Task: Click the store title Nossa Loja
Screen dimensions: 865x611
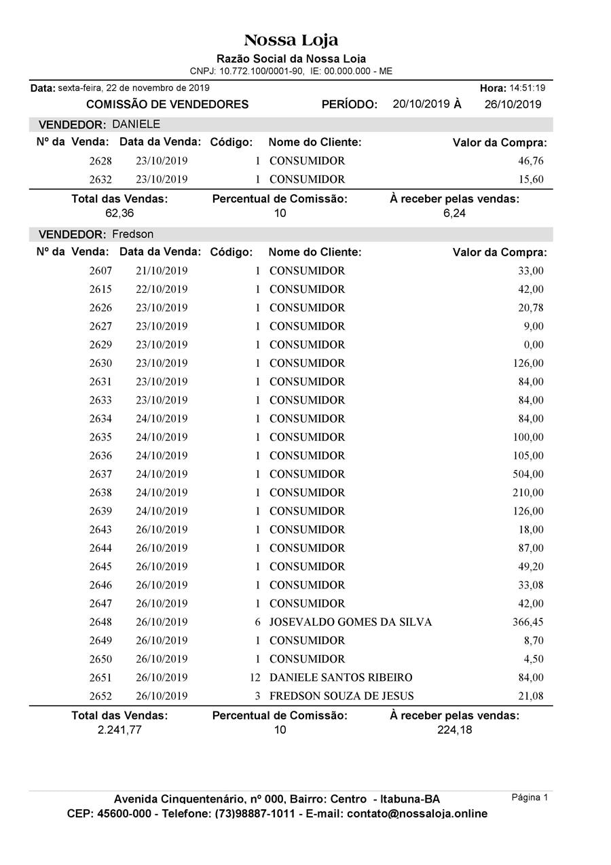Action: click(x=291, y=40)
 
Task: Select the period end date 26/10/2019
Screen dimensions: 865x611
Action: click(x=513, y=105)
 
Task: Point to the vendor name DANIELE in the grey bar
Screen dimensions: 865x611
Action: click(x=136, y=124)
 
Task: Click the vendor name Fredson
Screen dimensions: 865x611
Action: click(x=132, y=234)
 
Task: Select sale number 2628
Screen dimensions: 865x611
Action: click(x=100, y=161)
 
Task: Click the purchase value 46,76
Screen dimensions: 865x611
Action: click(x=530, y=161)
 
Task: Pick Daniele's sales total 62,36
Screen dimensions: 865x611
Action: click(x=119, y=213)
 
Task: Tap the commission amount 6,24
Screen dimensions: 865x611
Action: click(x=454, y=213)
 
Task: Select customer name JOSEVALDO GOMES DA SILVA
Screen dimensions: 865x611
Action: click(x=350, y=622)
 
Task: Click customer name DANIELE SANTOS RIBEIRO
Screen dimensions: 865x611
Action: click(x=341, y=677)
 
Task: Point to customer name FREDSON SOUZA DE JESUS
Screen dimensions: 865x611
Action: click(x=341, y=696)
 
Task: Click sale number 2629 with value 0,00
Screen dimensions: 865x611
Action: click(x=100, y=345)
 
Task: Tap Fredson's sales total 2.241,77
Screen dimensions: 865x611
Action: click(x=119, y=730)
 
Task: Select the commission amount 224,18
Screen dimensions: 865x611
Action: click(x=454, y=730)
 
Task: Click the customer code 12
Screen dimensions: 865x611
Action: click(x=256, y=677)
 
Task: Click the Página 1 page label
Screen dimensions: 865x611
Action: click(x=530, y=798)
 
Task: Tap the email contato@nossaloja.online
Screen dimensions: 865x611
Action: click(x=417, y=814)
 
